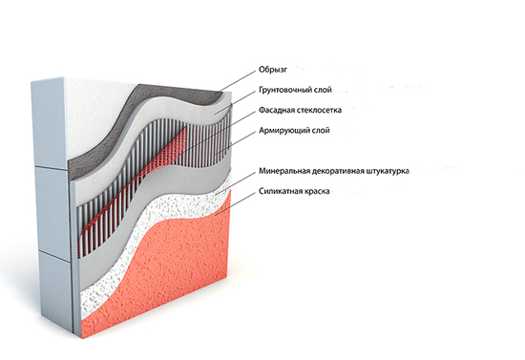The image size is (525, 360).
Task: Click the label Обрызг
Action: pyautogui.click(x=273, y=70)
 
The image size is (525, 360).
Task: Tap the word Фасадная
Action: pyautogui.click(x=276, y=110)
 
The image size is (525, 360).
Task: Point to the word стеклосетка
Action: pyautogui.click(x=319, y=110)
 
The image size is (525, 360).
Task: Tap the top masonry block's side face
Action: pyautogui.click(x=48, y=123)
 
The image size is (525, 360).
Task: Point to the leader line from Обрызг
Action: pyautogui.click(x=238, y=81)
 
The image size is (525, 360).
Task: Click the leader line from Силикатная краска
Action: pyautogui.click(x=236, y=203)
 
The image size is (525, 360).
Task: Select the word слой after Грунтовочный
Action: pyautogui.click(x=323, y=90)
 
